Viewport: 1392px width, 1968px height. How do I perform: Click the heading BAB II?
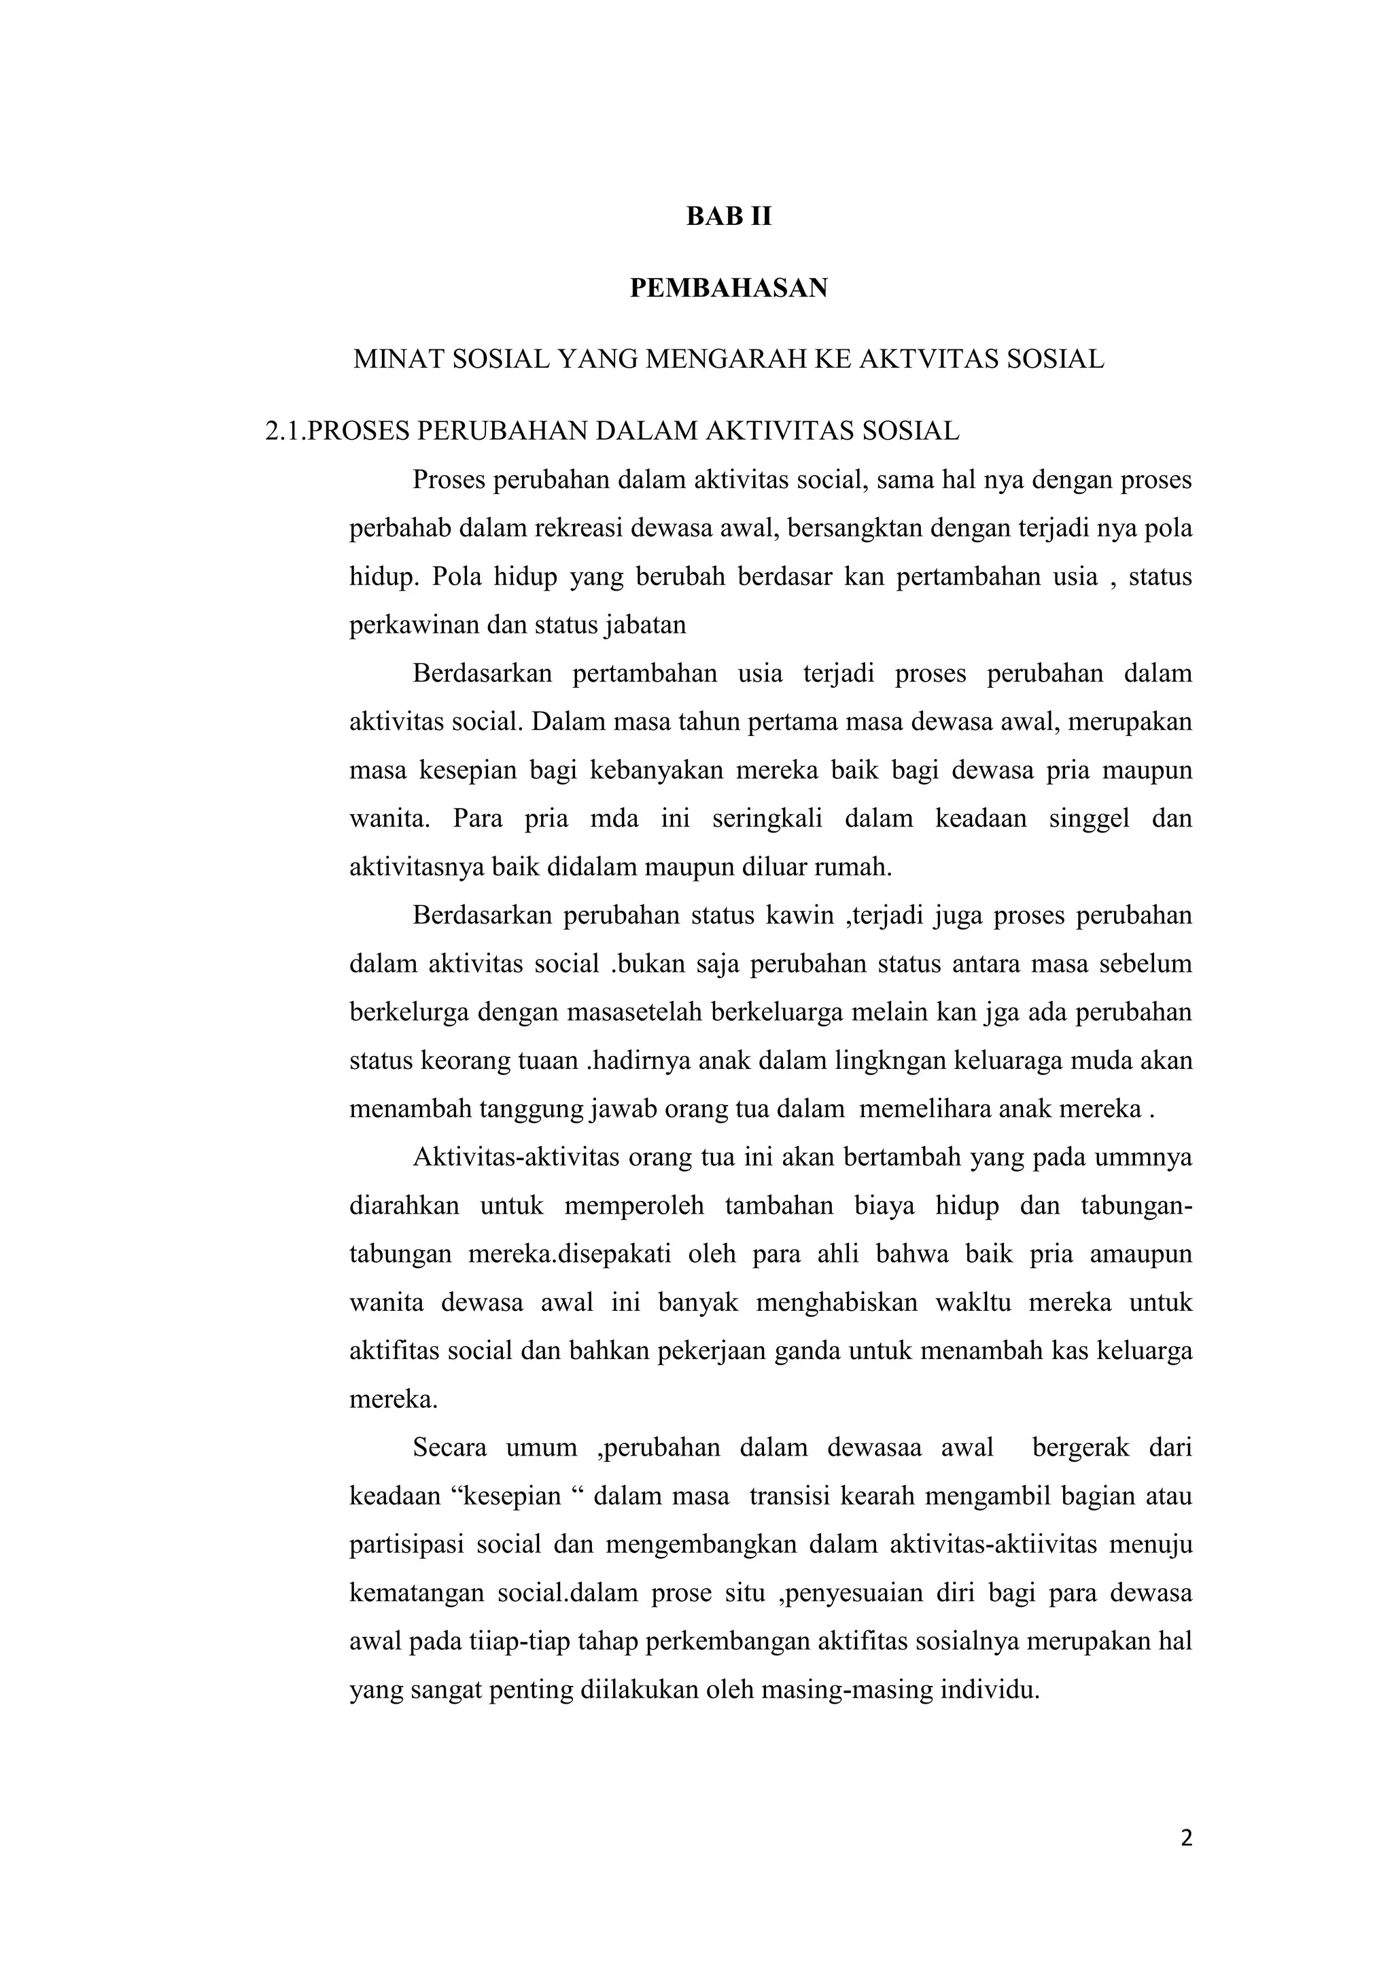tap(729, 217)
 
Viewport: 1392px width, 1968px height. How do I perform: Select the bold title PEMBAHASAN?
tap(729, 288)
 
